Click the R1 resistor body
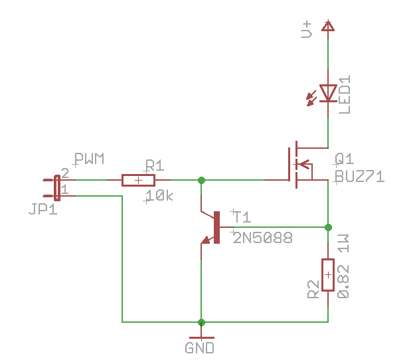138,180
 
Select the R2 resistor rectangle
328,275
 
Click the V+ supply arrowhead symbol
328,26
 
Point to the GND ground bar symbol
201,337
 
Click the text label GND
199,348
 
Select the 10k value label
159,196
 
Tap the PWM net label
90,159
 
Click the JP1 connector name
43,209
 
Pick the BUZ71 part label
360,177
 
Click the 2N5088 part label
262,238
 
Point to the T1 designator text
242,217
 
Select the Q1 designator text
345,159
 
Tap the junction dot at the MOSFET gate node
201,180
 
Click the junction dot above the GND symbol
201,322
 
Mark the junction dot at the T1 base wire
328,227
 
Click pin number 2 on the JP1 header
65,173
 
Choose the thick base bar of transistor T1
216,227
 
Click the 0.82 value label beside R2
343,282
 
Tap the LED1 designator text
345,94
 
